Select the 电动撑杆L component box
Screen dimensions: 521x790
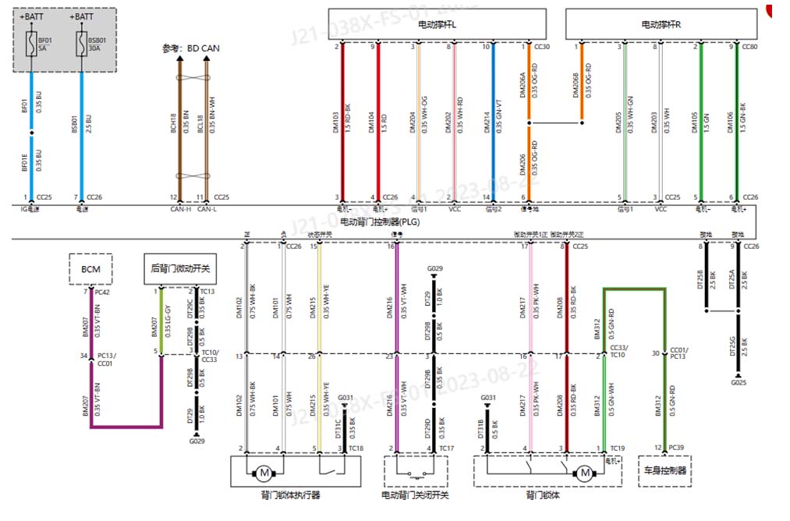[x=437, y=24]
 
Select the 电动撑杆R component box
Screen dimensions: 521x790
[x=661, y=24]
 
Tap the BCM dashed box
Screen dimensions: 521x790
[x=90, y=269]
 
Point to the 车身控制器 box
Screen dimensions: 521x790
[x=664, y=471]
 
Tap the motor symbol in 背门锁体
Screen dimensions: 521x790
[x=583, y=473]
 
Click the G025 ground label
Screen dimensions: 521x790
[x=738, y=383]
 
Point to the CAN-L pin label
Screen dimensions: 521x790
[x=207, y=209]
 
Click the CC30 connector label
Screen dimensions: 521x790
[x=542, y=47]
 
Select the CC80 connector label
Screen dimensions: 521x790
[x=749, y=47]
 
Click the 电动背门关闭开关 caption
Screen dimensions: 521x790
[x=415, y=494]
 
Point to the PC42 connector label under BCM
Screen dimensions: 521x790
[x=101, y=292]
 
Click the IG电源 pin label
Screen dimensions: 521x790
[x=29, y=209]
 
